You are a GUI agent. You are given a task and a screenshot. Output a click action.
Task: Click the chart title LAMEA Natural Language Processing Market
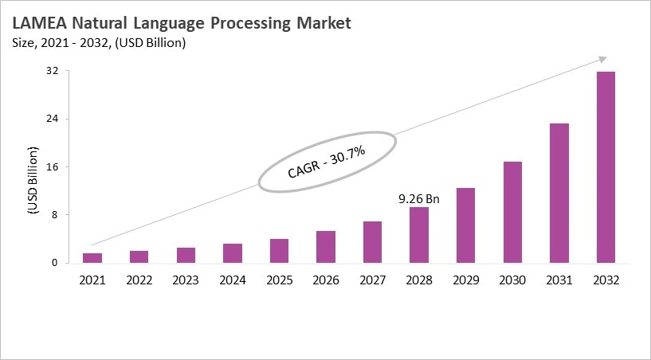(181, 24)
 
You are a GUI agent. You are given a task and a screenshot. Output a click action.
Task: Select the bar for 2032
(606, 167)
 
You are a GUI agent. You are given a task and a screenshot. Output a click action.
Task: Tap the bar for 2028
(419, 235)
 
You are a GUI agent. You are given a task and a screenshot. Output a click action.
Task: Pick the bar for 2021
(92, 258)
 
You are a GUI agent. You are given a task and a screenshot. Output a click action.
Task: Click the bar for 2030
(512, 212)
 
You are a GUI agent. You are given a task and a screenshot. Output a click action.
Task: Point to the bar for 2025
(279, 251)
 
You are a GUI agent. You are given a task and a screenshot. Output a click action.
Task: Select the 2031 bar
(559, 193)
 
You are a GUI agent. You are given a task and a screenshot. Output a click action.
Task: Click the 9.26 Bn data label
(418, 198)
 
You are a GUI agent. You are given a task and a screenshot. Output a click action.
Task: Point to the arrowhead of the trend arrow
(603, 58)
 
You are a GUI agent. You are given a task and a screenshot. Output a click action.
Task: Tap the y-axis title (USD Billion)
(33, 181)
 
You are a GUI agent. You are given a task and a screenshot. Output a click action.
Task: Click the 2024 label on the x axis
(232, 280)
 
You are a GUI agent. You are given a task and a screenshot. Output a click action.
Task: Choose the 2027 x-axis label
(372, 280)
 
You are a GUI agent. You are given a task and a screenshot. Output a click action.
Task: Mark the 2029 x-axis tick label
(465, 280)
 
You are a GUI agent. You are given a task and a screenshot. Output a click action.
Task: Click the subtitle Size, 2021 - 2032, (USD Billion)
(99, 43)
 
